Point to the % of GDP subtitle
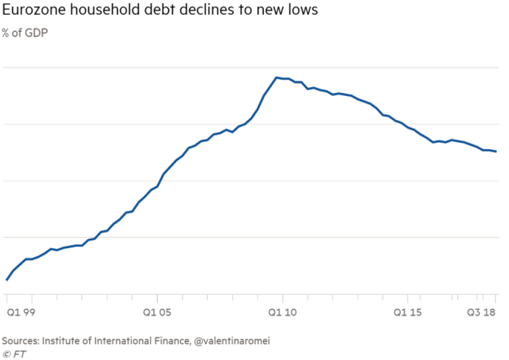pos(25,32)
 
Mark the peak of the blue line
pos(276,77)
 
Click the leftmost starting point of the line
pos(6,280)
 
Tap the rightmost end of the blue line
pos(496,151)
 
